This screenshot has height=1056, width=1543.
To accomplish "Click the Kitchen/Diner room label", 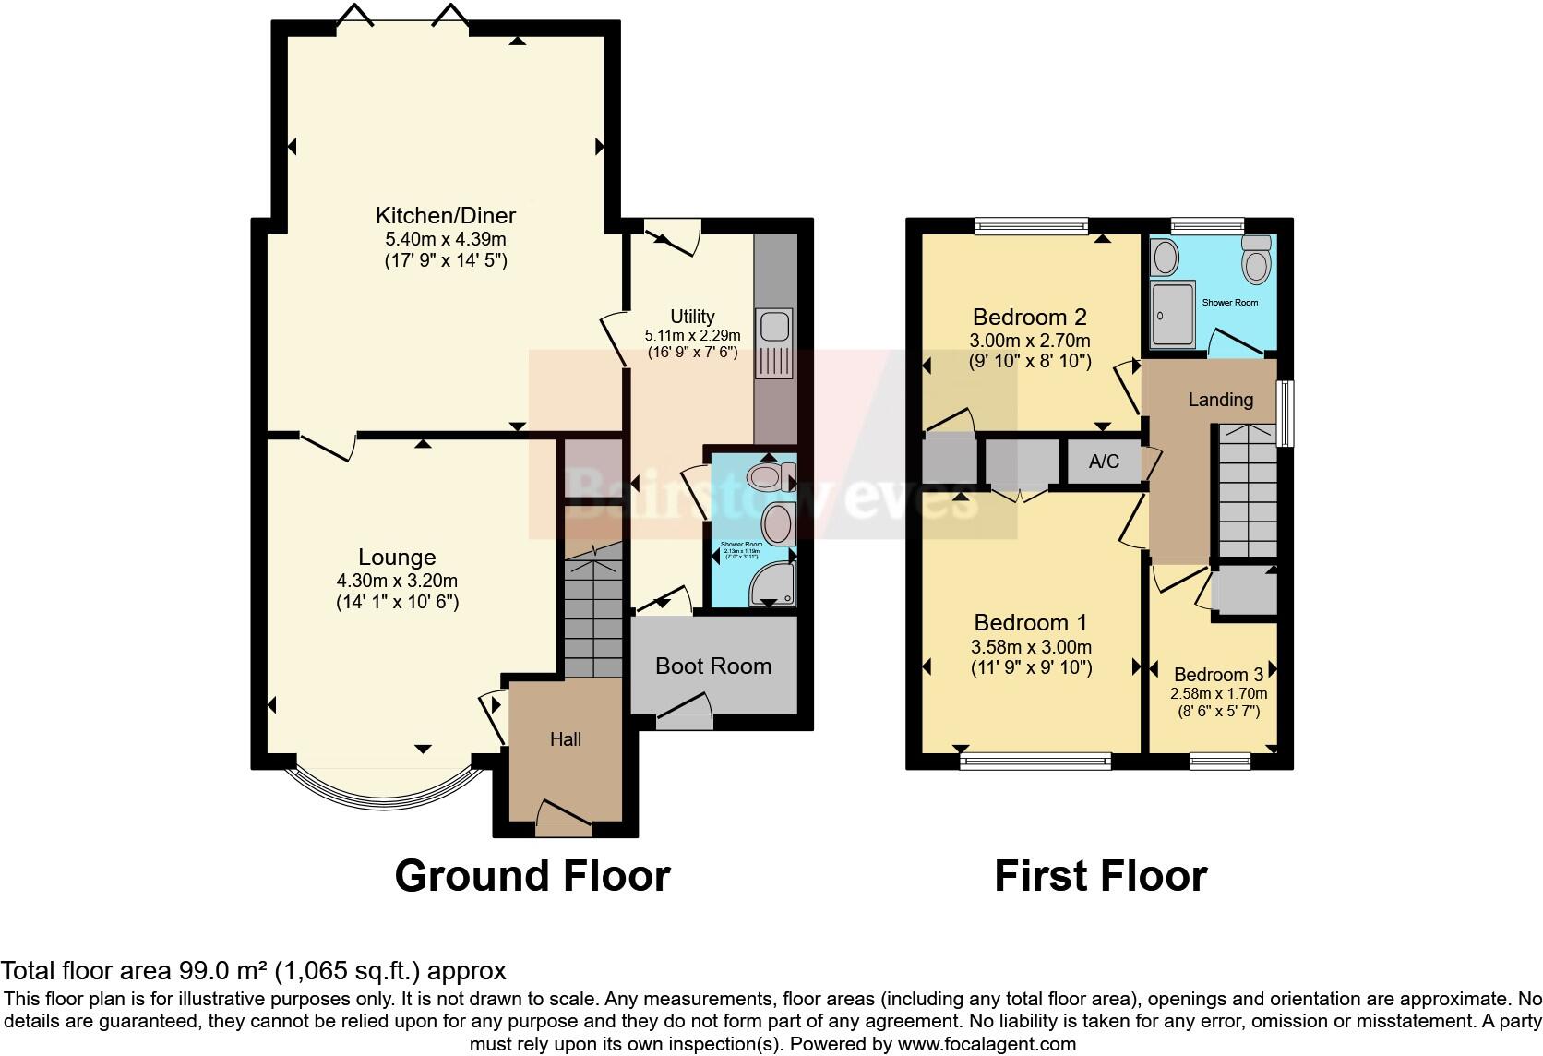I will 445,216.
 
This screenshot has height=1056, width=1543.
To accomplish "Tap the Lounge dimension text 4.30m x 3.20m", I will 397,581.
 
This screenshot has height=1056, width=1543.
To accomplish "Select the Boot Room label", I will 713,666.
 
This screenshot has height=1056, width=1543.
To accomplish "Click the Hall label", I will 566,739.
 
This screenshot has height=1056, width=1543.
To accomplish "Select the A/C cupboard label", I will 1103,462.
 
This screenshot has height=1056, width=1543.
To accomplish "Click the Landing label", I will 1220,400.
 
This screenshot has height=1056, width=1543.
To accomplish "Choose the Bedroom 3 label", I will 1218,675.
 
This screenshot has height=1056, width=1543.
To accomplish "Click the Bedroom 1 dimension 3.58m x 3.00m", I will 1031,646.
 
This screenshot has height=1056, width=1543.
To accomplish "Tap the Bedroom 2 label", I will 1029,317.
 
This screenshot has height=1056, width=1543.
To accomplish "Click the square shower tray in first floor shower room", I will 1173,315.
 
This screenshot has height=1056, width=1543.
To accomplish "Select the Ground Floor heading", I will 532,875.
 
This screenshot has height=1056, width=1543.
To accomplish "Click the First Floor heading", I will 1100,875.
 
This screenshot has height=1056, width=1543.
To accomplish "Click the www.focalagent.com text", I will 987,1044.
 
